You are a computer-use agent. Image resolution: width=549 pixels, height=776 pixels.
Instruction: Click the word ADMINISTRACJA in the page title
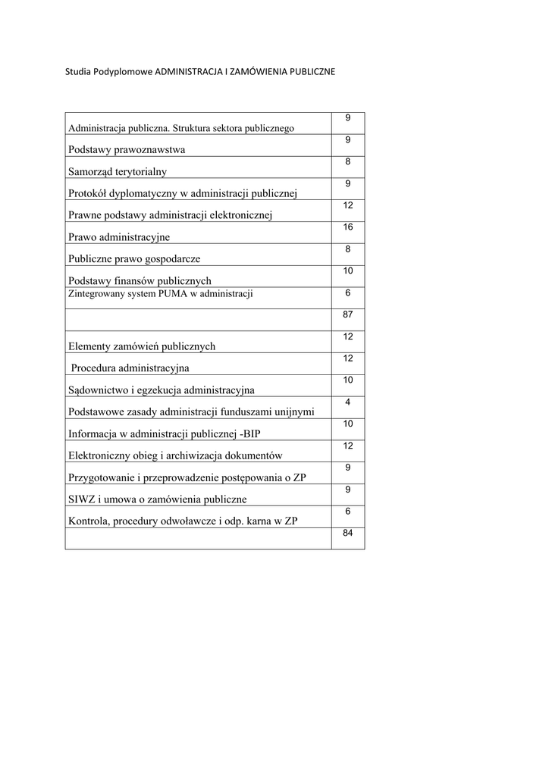point(189,72)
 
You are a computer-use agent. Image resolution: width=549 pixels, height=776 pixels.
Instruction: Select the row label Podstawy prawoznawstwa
point(127,149)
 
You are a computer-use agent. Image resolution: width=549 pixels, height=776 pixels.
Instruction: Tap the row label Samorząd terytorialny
point(117,171)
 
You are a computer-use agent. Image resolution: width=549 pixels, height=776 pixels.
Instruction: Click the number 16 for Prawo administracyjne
point(348,227)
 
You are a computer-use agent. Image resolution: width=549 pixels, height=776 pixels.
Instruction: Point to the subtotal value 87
point(348,314)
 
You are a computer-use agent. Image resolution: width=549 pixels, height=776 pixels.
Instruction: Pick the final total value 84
point(348,533)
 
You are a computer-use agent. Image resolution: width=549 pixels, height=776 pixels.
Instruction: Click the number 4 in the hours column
point(348,402)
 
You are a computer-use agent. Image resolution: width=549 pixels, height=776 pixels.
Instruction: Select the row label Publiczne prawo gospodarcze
point(134,258)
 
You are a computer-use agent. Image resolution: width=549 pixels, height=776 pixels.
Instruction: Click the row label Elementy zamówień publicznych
point(142,346)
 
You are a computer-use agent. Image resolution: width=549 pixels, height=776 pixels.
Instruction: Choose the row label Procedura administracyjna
point(130,368)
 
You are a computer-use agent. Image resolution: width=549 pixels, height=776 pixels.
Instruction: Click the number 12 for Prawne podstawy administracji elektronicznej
point(348,205)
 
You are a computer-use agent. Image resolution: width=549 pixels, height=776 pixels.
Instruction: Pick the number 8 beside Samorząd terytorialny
point(348,161)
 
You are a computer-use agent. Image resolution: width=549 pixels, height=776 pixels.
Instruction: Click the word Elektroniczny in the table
point(99,455)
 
